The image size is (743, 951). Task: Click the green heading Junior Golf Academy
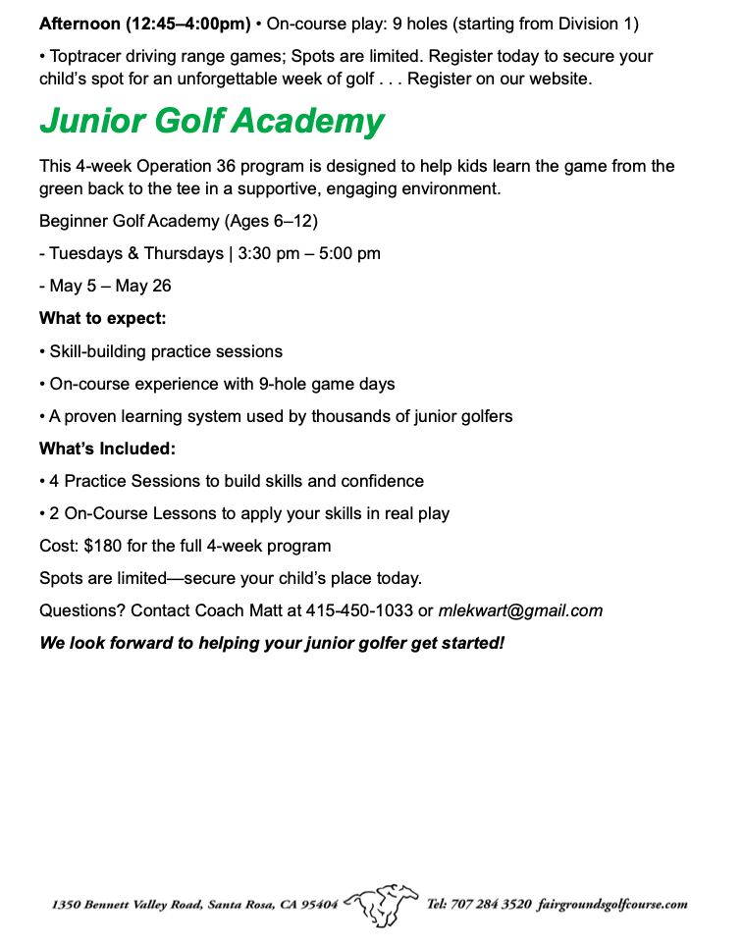click(211, 122)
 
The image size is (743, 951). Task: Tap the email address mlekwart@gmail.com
click(520, 610)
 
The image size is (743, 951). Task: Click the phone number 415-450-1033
click(359, 610)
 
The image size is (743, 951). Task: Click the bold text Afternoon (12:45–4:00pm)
click(144, 23)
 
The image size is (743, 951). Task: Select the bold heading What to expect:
click(102, 318)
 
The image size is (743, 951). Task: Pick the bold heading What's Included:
click(107, 449)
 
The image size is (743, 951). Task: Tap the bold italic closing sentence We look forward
click(272, 644)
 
